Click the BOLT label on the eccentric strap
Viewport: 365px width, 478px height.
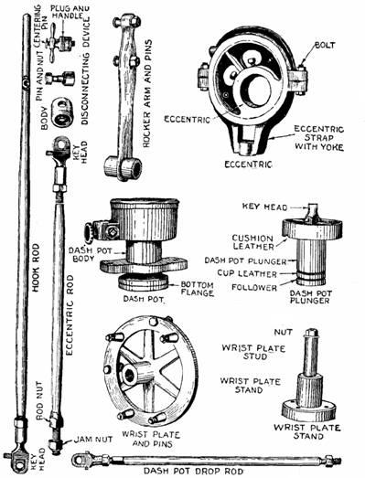pyautogui.click(x=326, y=45)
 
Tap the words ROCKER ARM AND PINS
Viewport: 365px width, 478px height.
pyautogui.click(x=147, y=94)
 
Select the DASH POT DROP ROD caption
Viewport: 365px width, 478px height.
pyautogui.click(x=194, y=472)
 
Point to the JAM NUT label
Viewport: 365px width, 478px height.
pyautogui.click(x=93, y=440)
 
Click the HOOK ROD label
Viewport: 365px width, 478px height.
pyautogui.click(x=36, y=268)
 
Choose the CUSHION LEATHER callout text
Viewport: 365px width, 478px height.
pyautogui.click(x=253, y=242)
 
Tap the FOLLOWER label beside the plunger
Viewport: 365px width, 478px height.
pyautogui.click(x=254, y=288)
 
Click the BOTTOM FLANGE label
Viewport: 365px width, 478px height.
pyautogui.click(x=198, y=289)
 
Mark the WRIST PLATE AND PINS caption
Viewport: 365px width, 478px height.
pyautogui.click(x=151, y=439)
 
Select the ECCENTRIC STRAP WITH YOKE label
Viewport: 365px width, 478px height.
pyautogui.click(x=319, y=138)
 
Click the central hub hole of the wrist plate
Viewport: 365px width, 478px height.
pyautogui.click(x=130, y=376)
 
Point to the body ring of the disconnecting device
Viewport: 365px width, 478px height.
pyautogui.click(x=62, y=112)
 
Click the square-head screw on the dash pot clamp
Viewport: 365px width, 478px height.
pyautogui.click(x=113, y=231)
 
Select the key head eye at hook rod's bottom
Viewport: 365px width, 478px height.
pyautogui.click(x=19, y=461)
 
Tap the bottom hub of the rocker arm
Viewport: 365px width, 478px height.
pyautogui.click(x=123, y=168)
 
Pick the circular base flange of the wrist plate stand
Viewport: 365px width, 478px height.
pyautogui.click(x=308, y=411)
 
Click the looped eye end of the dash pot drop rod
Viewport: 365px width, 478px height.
pyautogui.click(x=81, y=459)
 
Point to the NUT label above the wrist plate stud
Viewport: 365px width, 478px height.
pyautogui.click(x=283, y=332)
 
